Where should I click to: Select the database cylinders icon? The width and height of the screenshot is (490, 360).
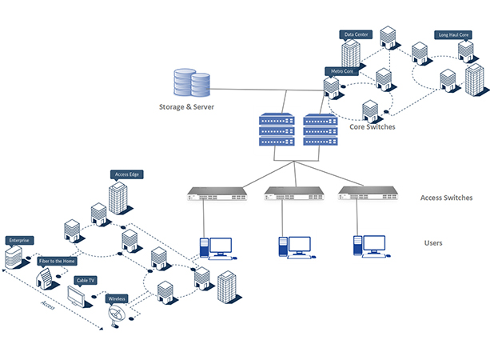click(x=191, y=84)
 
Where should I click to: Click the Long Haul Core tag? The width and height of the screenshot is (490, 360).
click(x=453, y=35)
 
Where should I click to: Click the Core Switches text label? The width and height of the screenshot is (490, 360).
click(x=372, y=126)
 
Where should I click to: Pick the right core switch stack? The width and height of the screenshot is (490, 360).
click(x=320, y=130)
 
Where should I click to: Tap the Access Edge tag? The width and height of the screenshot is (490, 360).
click(x=128, y=174)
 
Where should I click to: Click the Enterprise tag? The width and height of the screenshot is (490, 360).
click(x=18, y=240)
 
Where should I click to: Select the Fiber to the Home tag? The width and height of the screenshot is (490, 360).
click(x=58, y=260)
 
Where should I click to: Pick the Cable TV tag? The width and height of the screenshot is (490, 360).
click(x=86, y=280)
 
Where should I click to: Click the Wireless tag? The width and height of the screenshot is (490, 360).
click(x=117, y=298)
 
